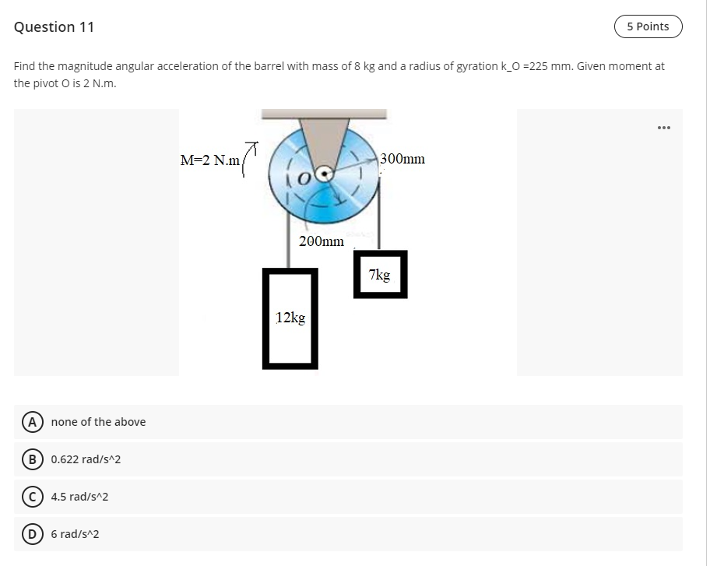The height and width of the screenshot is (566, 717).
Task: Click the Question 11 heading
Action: point(54,27)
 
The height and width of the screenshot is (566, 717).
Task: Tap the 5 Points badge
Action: point(647,26)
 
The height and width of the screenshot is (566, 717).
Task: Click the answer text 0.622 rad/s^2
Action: point(86,459)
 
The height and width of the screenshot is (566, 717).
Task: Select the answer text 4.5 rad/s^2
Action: point(79,497)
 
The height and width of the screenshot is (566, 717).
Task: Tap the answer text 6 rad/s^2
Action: point(75,534)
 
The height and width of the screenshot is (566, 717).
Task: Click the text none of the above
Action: point(98,422)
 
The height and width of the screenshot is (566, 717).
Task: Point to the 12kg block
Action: point(290,318)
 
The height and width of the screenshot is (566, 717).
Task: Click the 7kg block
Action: point(380,274)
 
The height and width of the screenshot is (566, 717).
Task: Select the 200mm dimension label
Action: point(321,241)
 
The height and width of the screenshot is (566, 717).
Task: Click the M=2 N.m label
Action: point(209,161)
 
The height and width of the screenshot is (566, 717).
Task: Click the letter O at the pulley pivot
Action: point(305,178)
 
